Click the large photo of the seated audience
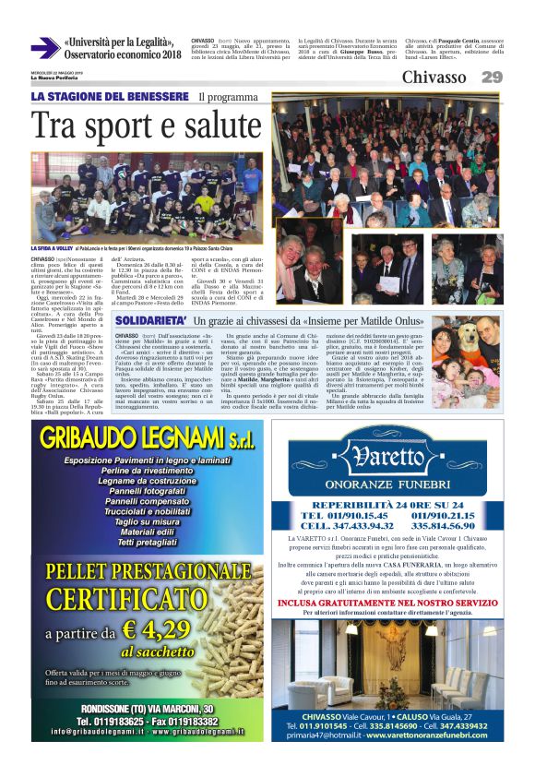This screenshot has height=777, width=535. (387, 161)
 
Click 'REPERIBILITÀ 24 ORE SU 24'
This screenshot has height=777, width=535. (386, 505)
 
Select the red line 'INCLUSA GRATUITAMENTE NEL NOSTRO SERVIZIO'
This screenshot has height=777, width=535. (386, 604)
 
